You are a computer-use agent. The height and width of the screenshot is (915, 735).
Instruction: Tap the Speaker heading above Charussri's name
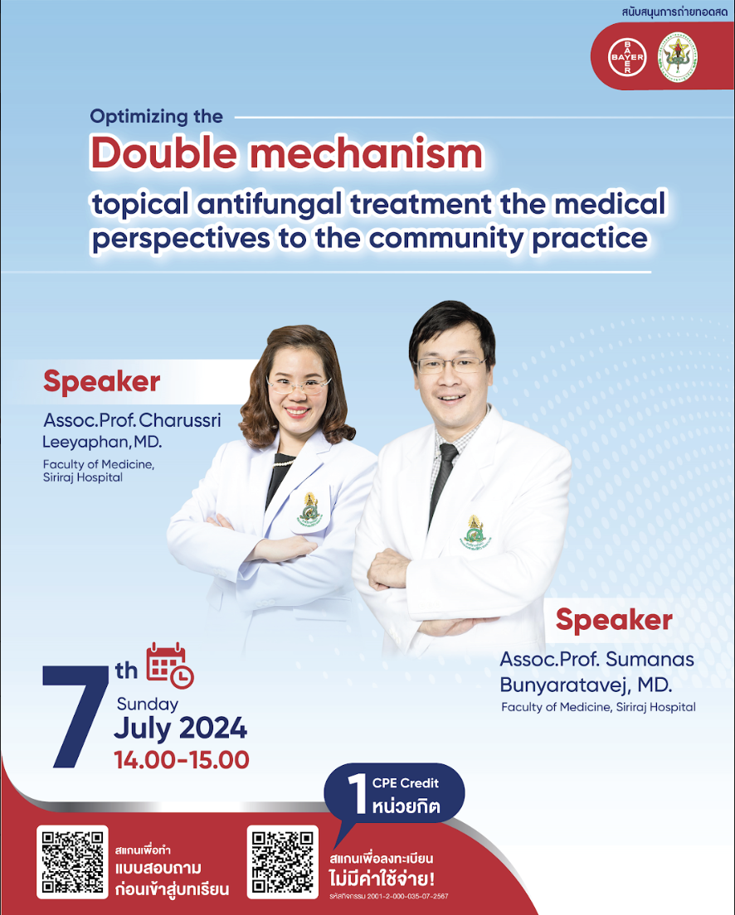pyautogui.click(x=101, y=382)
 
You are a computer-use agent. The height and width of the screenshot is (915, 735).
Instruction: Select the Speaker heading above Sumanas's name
pyautogui.click(x=614, y=620)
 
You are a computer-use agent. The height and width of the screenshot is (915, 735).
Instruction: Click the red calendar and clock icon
pyautogui.click(x=170, y=666)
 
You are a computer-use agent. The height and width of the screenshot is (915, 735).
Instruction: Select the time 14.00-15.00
pyautogui.click(x=182, y=760)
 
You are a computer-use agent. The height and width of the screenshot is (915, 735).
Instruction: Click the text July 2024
pyautogui.click(x=180, y=729)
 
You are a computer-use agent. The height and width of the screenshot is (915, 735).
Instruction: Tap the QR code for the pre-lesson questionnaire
pyautogui.click(x=72, y=862)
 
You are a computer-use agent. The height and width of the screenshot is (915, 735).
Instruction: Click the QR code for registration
pyautogui.click(x=283, y=862)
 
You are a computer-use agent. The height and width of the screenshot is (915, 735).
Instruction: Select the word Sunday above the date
pyautogui.click(x=147, y=704)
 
